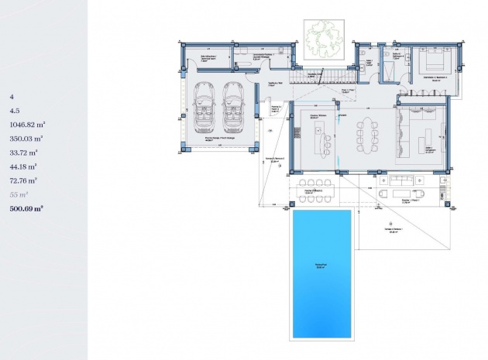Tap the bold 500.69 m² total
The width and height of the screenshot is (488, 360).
coord(26,208)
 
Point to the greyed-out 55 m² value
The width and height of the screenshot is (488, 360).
coord(19,194)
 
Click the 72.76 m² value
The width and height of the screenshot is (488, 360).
coord(24,180)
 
